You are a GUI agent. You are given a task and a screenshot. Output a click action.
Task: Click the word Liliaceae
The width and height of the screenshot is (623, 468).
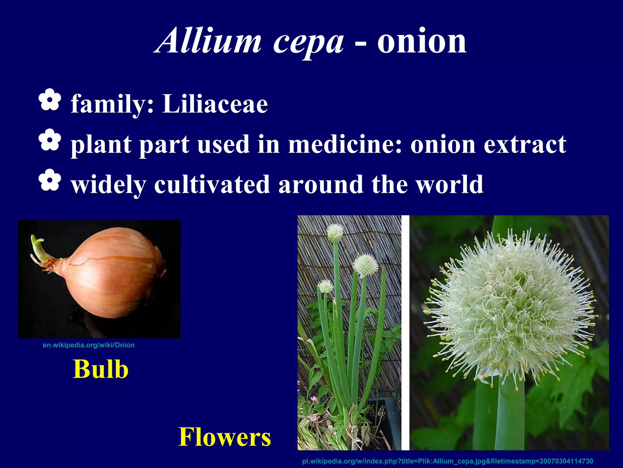pos(215,104)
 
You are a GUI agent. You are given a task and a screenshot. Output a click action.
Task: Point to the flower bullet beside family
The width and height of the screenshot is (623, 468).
pos(50,100)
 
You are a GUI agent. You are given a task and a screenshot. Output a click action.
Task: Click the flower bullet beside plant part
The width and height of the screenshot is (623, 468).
pos(50,140)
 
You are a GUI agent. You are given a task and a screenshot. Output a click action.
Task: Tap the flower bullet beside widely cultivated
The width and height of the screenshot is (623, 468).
pos(50,180)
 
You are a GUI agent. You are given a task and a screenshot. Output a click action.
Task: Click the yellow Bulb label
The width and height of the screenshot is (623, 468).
pos(100,369)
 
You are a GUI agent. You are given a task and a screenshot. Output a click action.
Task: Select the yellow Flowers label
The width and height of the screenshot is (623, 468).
pos(224,437)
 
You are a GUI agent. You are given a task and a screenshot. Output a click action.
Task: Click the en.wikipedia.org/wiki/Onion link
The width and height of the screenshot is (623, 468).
pos(89,345)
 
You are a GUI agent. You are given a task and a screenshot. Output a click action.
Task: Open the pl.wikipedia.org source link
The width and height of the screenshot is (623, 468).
pos(447,461)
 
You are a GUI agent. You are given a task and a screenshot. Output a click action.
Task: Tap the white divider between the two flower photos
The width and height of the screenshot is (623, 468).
pos(405,332)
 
